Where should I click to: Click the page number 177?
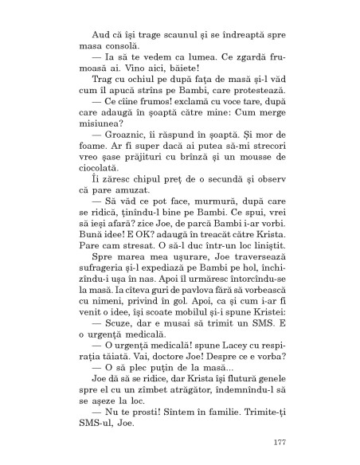point(278,442)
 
